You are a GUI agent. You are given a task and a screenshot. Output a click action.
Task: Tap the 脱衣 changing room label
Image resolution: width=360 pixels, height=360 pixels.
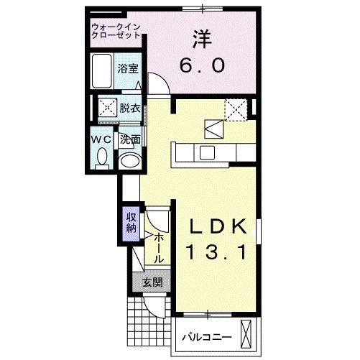[x=129, y=109]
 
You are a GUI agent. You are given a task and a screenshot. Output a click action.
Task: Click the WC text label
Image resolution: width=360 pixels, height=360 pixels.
[x=101, y=139]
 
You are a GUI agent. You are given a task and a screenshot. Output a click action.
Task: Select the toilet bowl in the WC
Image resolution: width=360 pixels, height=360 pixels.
[x=101, y=156]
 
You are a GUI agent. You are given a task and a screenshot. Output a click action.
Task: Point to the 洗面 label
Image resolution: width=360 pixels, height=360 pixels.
[x=129, y=139]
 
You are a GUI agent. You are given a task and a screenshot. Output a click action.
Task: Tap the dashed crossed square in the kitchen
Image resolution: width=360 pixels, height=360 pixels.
[x=235, y=109]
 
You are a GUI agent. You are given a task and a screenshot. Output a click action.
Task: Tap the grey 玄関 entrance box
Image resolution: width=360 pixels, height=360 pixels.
[x=151, y=282]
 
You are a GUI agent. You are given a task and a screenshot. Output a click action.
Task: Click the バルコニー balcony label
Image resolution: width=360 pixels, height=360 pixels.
[x=206, y=336]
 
